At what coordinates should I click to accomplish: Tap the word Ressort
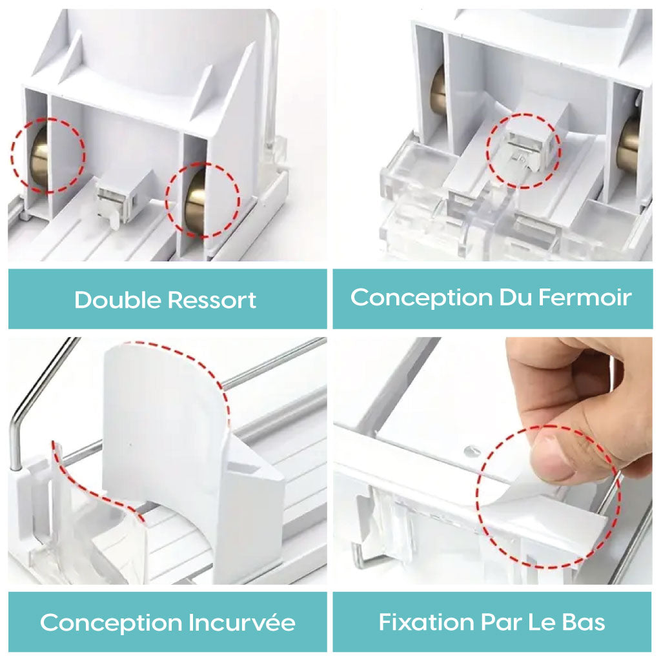(x=212, y=300)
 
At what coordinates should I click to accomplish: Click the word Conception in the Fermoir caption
(x=421, y=298)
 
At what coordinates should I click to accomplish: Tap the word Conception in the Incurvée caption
(x=111, y=624)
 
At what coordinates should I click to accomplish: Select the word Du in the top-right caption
(x=515, y=297)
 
